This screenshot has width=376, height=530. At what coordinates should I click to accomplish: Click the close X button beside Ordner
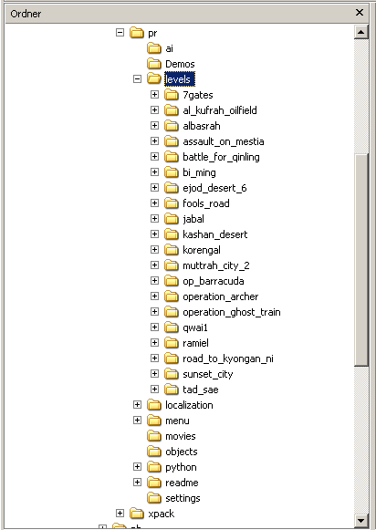point(359,13)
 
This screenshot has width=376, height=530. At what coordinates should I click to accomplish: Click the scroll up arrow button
point(360,32)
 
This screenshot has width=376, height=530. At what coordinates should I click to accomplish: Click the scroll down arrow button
point(360,520)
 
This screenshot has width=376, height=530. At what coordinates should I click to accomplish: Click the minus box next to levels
point(137,79)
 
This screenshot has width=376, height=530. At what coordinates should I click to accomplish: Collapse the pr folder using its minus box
point(120,33)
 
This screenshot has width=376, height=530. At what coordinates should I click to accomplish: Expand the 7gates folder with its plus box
point(154,94)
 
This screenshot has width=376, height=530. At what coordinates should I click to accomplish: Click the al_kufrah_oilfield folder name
point(220,110)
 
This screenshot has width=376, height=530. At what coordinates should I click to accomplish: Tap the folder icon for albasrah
point(172,126)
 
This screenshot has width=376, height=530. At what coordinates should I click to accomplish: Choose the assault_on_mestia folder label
point(224,141)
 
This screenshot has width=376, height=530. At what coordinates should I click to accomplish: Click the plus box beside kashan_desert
point(154,234)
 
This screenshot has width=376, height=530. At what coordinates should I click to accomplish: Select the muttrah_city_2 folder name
point(216,265)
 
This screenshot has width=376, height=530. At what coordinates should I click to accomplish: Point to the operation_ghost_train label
point(232,312)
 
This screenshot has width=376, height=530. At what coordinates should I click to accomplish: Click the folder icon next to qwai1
point(172,327)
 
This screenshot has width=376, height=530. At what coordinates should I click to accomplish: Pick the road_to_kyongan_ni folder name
point(228,359)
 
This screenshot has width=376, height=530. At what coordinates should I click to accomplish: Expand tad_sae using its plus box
point(154,389)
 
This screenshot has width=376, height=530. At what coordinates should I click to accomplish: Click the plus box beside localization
point(137,405)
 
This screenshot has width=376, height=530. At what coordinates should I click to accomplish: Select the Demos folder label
point(180,64)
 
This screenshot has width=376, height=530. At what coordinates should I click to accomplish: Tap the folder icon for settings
point(154,498)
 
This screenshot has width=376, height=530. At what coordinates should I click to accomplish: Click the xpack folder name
point(162,514)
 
